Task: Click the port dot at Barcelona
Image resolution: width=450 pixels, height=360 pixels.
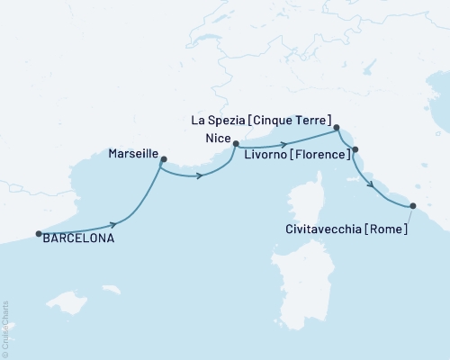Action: pos(39,234)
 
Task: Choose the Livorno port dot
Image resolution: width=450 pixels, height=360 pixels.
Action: pos(355,149)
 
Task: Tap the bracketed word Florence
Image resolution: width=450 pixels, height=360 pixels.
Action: pos(319,156)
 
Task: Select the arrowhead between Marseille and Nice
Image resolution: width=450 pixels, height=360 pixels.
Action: pos(200,175)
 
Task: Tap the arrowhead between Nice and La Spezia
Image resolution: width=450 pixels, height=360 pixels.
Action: pos(284,144)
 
